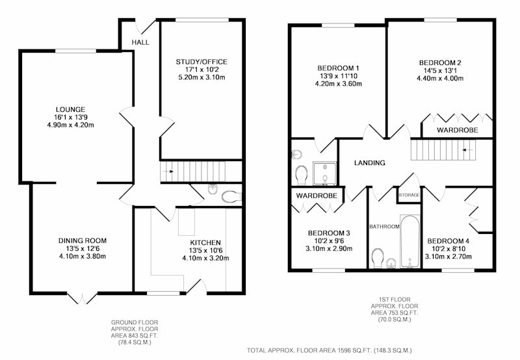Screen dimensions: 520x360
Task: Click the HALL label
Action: coord(140,42)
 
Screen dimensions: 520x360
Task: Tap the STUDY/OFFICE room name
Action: coord(201,62)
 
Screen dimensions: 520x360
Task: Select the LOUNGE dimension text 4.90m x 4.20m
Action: coord(71,125)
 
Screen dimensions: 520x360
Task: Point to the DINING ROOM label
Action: coord(83,240)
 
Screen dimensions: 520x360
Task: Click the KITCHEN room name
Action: coord(205,242)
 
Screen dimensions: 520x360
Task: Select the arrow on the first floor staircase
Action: coord(467,150)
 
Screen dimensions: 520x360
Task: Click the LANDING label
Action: coord(369,162)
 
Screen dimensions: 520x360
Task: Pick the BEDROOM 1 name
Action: coord(338,68)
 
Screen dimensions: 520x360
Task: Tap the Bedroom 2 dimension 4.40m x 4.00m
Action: coord(440,79)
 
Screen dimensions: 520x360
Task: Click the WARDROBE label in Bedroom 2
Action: coord(458,130)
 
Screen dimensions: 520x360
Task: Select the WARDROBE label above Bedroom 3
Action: coord(317,196)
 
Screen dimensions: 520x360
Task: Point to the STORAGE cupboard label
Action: coord(409,195)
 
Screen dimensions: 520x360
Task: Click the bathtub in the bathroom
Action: coord(410,241)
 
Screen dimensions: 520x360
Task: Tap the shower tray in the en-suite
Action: coord(324,174)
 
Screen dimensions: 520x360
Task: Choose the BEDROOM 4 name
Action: coord(448,241)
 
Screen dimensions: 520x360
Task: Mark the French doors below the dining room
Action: coord(82,298)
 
